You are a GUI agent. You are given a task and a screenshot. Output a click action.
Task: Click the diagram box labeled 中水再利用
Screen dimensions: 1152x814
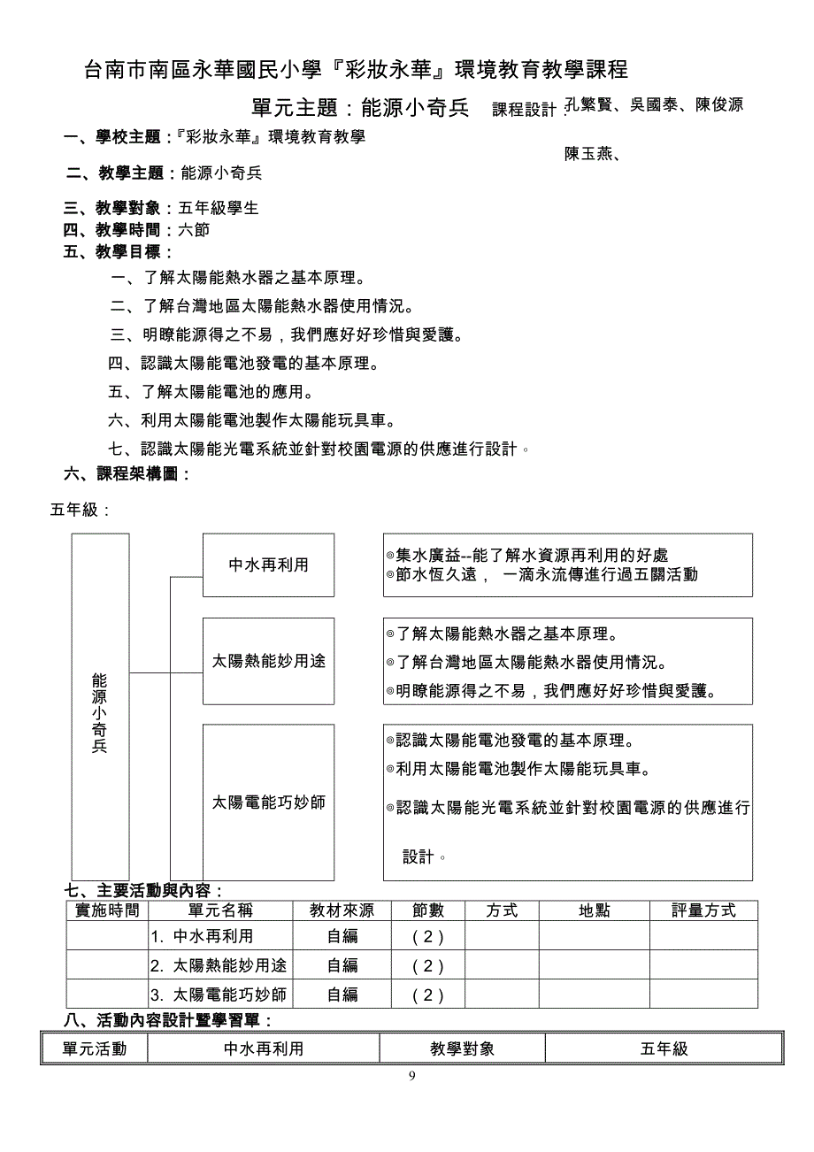(268, 564)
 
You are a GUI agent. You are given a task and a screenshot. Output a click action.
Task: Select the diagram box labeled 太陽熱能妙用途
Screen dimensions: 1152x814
(268, 661)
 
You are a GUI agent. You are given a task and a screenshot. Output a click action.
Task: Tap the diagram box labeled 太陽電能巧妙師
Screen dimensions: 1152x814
(268, 803)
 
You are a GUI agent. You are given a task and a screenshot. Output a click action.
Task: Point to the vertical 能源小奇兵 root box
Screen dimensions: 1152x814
(100, 706)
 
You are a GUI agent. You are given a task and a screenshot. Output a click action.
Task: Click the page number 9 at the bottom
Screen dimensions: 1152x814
(411, 1076)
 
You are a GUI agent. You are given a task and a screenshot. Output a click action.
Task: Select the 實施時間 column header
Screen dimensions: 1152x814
(107, 910)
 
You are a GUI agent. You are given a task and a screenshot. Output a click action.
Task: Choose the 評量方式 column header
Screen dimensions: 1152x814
(703, 910)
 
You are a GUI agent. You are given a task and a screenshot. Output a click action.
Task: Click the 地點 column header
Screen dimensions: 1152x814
(595, 910)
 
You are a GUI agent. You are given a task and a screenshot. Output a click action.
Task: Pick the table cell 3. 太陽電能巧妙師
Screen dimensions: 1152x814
(219, 995)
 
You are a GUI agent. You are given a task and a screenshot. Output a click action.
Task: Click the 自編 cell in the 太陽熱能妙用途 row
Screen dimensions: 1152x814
(342, 965)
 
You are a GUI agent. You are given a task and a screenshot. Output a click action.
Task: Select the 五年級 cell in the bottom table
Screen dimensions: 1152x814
(664, 1049)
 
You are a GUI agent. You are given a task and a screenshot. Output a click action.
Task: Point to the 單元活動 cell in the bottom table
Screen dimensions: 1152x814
(95, 1049)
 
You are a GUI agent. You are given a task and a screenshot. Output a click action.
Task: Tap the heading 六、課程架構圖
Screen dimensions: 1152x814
(127, 473)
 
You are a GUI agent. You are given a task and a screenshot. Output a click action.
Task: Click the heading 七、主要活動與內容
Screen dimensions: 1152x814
(143, 890)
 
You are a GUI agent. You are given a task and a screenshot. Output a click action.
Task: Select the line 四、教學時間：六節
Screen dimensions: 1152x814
(136, 230)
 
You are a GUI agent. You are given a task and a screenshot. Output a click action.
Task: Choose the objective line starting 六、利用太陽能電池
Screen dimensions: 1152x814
(251, 420)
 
